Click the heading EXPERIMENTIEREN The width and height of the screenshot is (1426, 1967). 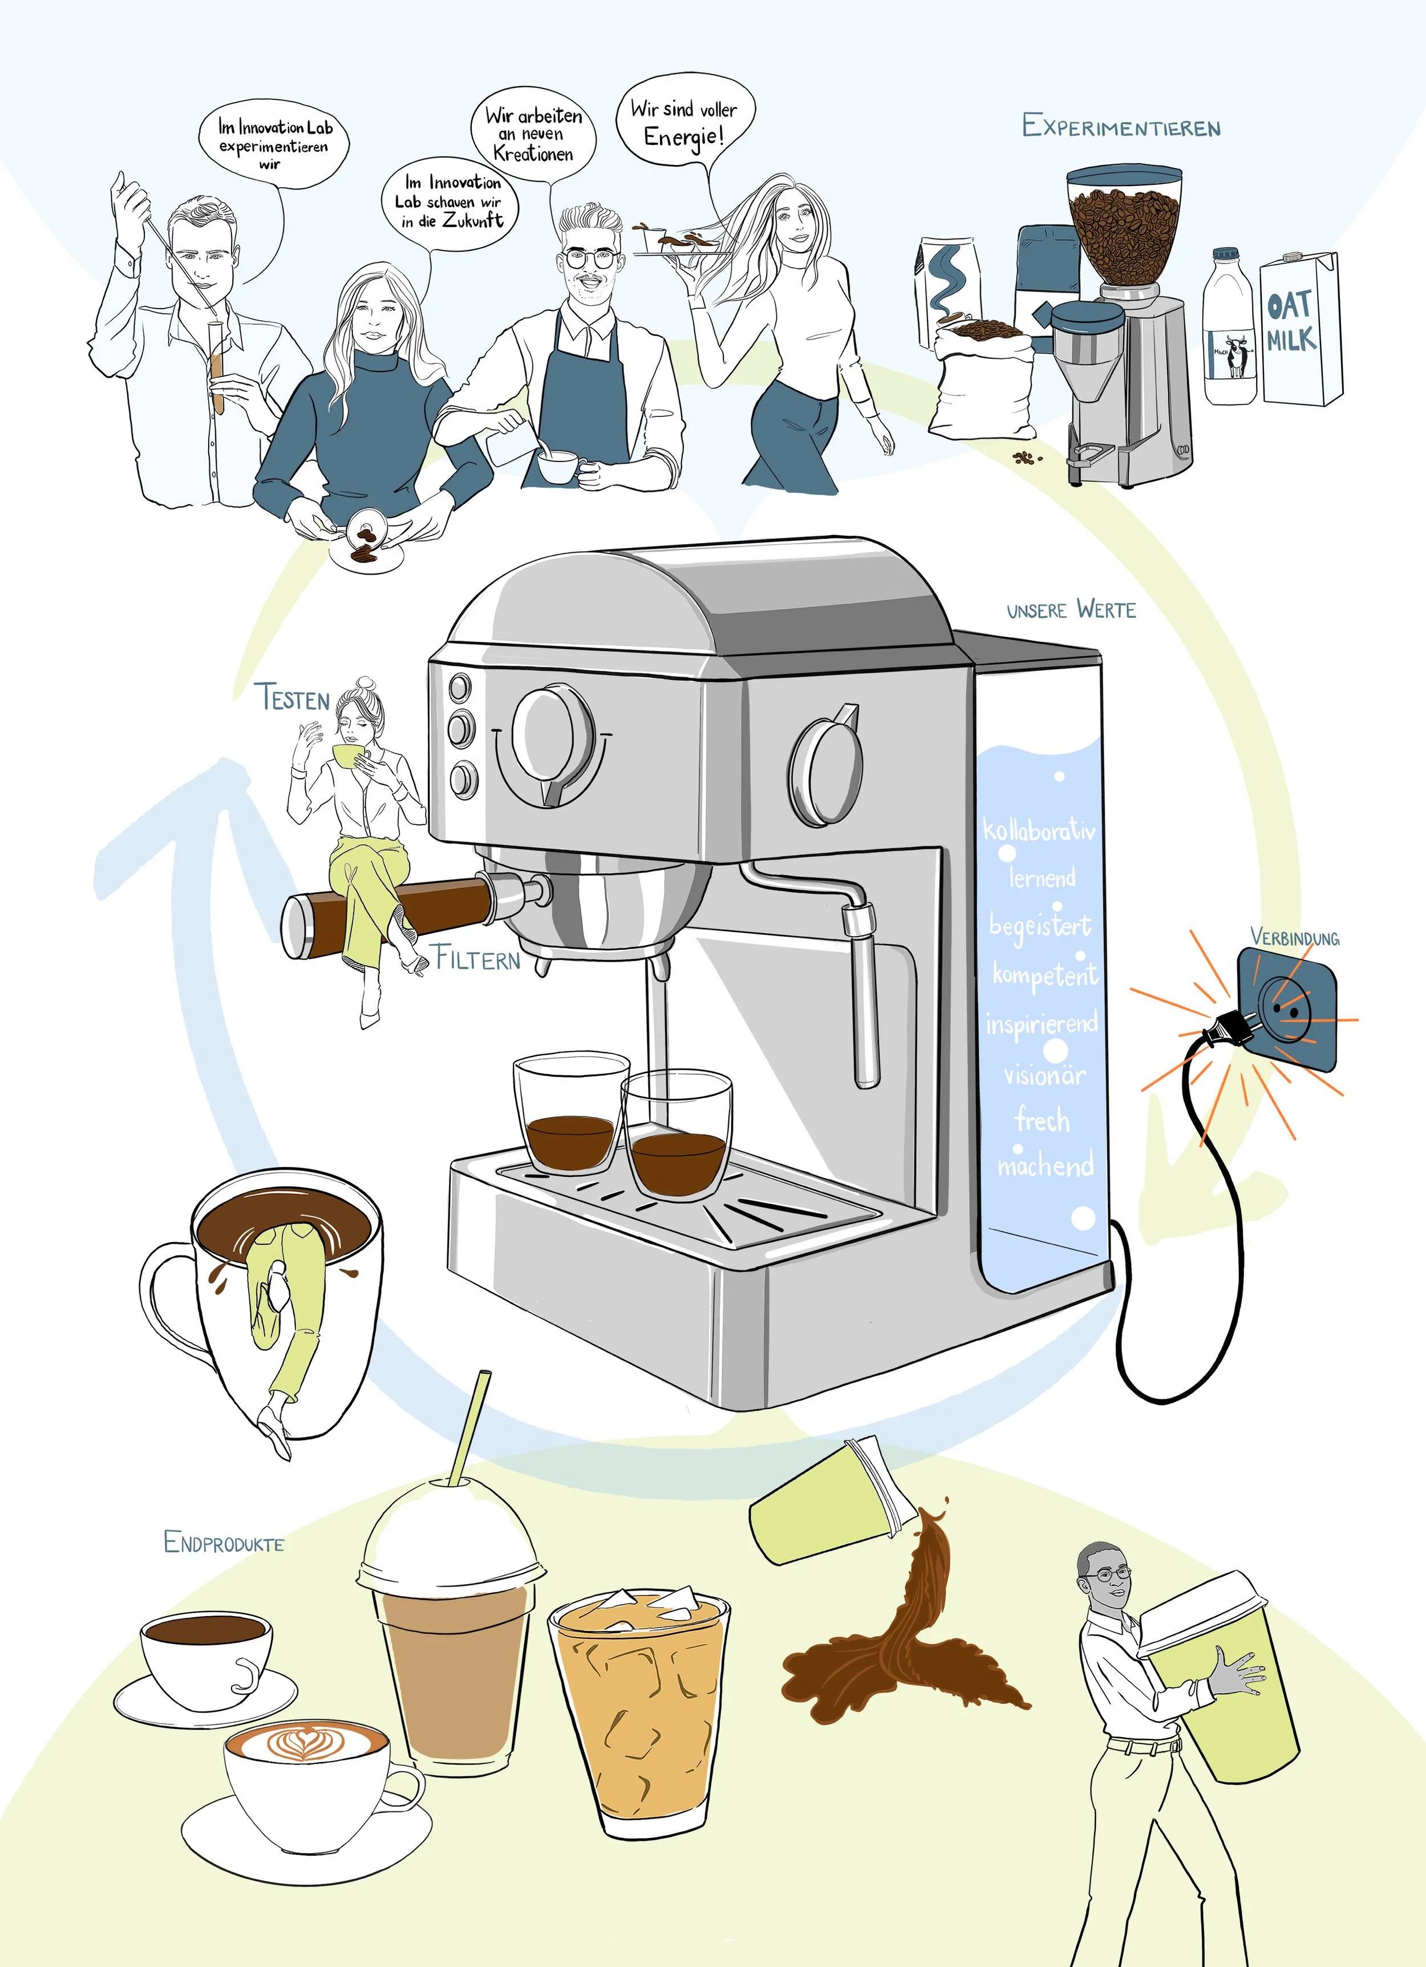tap(1121, 127)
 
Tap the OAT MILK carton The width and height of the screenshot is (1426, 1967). tap(1298, 330)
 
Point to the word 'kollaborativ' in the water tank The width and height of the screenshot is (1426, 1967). tap(1038, 830)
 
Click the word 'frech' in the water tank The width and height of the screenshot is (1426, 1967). tap(1042, 1120)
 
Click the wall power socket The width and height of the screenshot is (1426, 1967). tap(1286, 1009)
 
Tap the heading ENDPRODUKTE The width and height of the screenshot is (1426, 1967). tap(224, 1541)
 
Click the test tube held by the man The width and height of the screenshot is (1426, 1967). tap(216, 365)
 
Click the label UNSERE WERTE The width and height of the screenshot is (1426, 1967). tap(1071, 610)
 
